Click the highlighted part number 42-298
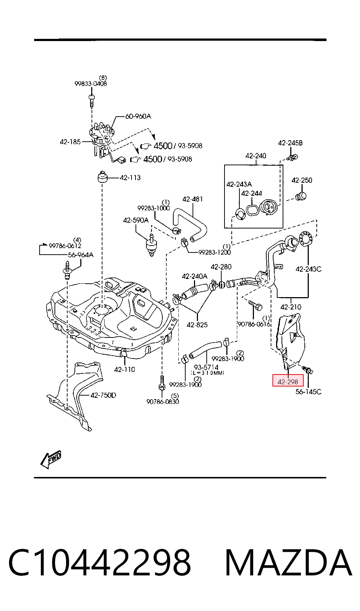pyautogui.click(x=288, y=382)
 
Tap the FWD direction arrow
pyautogui.click(x=51, y=459)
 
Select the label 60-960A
pyautogui.click(x=138, y=116)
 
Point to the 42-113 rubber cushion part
pyautogui.click(x=102, y=177)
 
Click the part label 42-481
pyautogui.click(x=193, y=199)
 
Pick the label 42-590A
pyautogui.click(x=136, y=220)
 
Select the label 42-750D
pyautogui.click(x=103, y=395)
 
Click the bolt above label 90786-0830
pyautogui.click(x=162, y=383)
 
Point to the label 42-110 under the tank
pyautogui.click(x=125, y=369)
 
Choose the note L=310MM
pyautogui.click(x=207, y=373)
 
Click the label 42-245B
pyautogui.click(x=290, y=143)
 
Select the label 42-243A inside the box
pyautogui.click(x=239, y=185)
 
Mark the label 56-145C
pyautogui.click(x=308, y=392)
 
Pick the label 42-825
pyautogui.click(x=197, y=325)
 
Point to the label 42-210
pyautogui.click(x=291, y=307)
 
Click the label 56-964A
pyautogui.click(x=81, y=255)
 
